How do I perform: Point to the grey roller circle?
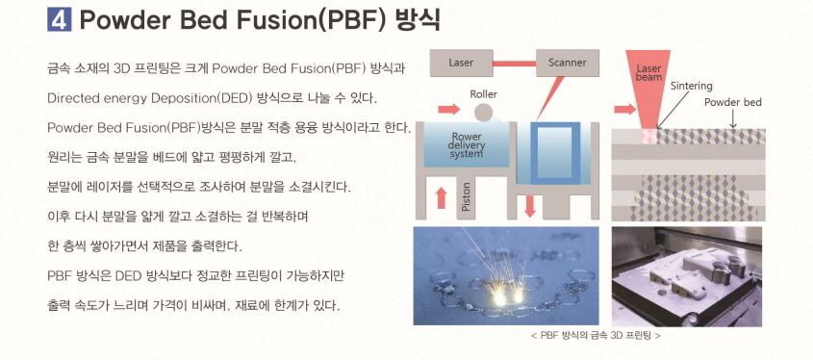click(484, 114)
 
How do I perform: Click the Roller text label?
click(484, 93)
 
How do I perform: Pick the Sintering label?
click(691, 85)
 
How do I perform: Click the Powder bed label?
click(732, 102)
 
